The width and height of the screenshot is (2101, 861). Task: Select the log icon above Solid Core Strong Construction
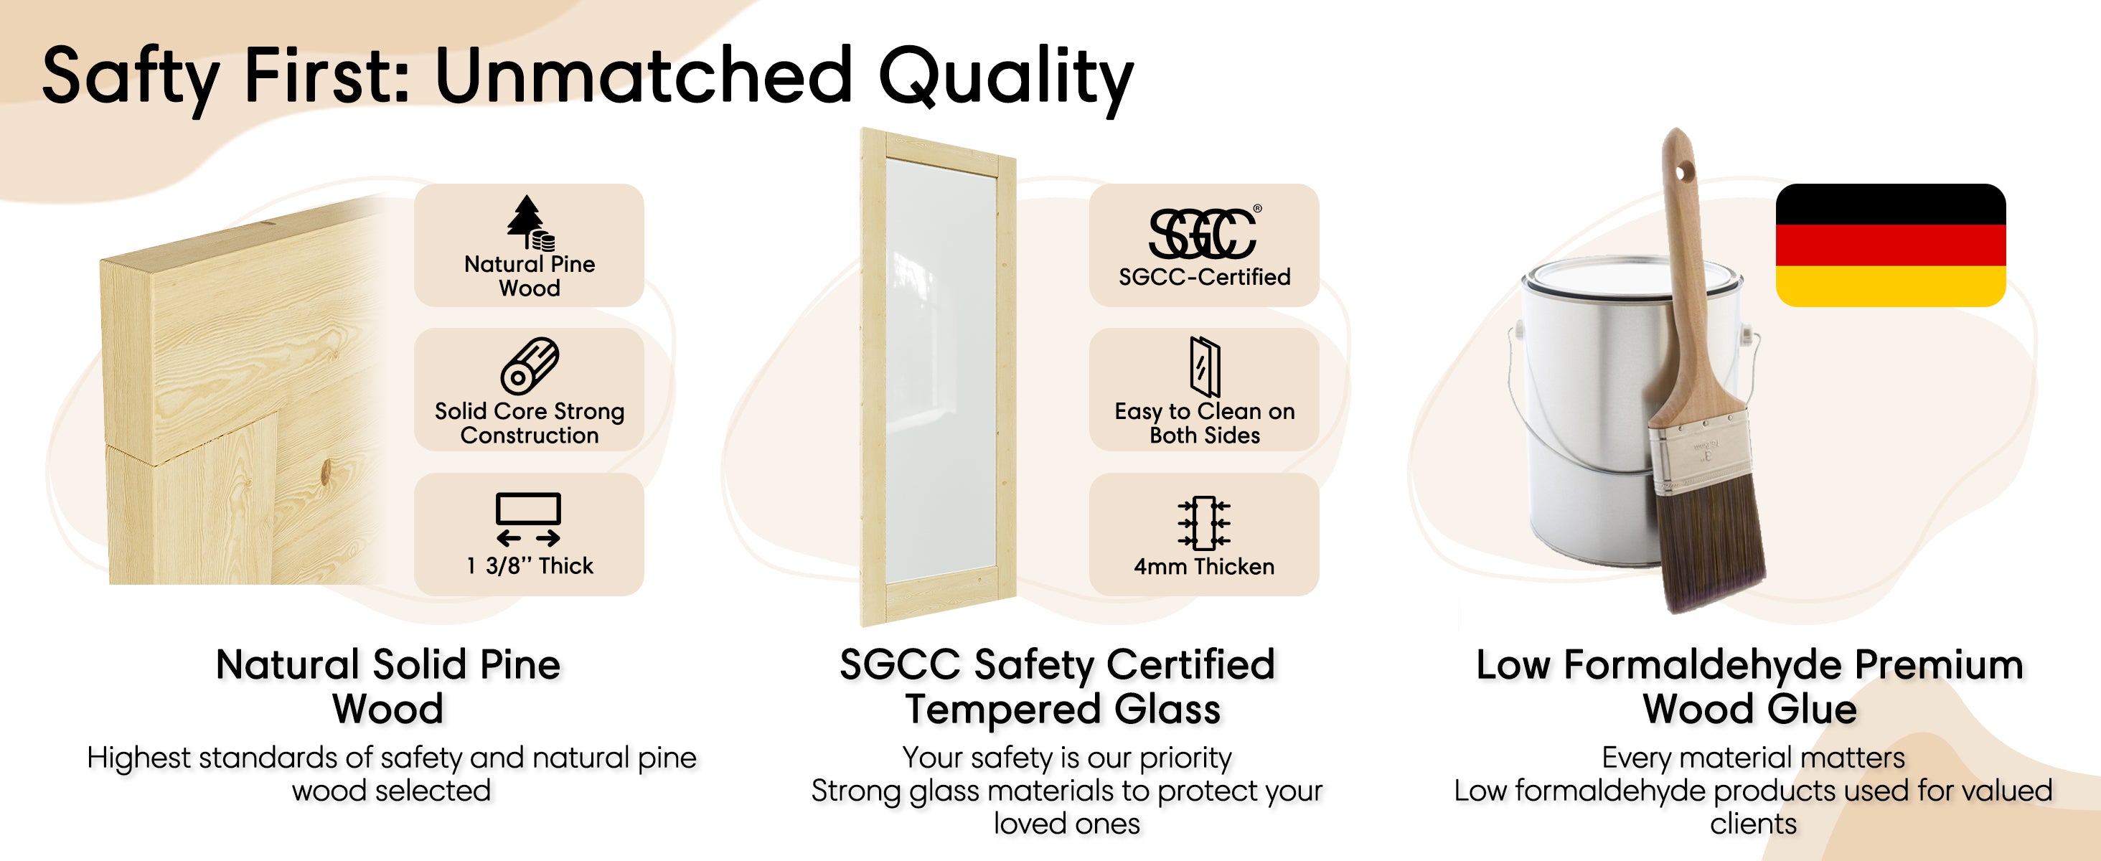click(530, 366)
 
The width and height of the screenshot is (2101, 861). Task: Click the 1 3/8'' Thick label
click(530, 566)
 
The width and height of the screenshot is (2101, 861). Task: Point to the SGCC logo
click(1204, 232)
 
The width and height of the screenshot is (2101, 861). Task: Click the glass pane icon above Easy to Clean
click(1205, 366)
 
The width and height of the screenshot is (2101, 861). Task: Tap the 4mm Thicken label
click(1204, 567)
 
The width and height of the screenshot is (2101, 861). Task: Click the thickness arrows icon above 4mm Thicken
click(1204, 522)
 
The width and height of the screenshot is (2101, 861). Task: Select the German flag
click(1891, 245)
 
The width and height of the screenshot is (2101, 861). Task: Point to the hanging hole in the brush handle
click(1683, 172)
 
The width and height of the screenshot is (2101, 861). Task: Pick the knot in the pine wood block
click(326, 471)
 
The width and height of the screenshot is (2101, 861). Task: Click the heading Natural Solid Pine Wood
click(388, 687)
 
